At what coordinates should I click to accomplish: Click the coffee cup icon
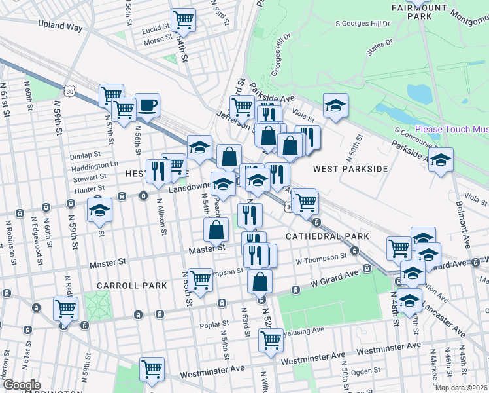(x=147, y=105)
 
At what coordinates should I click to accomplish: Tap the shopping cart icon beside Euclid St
(x=183, y=20)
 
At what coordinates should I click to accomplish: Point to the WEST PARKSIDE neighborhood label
(x=350, y=169)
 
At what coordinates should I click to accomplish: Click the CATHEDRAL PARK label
(x=328, y=236)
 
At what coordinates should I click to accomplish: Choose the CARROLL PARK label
(x=124, y=286)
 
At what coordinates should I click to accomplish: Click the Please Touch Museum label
(x=451, y=129)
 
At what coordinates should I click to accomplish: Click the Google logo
(x=21, y=385)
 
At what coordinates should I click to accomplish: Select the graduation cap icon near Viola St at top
(x=335, y=105)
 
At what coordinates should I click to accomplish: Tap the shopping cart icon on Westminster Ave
(x=152, y=368)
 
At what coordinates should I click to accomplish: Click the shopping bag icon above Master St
(x=216, y=230)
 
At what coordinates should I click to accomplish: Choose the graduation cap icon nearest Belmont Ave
(x=441, y=160)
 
